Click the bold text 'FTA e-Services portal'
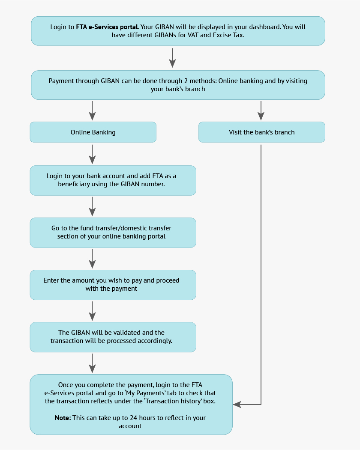(x=107, y=27)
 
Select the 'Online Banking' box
(x=93, y=132)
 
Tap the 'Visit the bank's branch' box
(x=261, y=132)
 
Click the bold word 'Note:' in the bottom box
(x=63, y=417)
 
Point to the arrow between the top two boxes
(x=172, y=58)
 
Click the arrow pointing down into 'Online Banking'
(x=92, y=111)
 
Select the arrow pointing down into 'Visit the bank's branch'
(x=261, y=111)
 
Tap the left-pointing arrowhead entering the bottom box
(x=237, y=404)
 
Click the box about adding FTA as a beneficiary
(x=112, y=180)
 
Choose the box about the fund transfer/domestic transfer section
(x=112, y=232)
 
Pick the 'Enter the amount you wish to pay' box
(x=112, y=285)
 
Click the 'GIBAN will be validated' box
(x=112, y=337)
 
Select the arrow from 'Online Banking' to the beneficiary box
(x=92, y=154)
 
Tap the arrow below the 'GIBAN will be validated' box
(x=92, y=363)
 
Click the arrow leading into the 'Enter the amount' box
(x=92, y=259)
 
